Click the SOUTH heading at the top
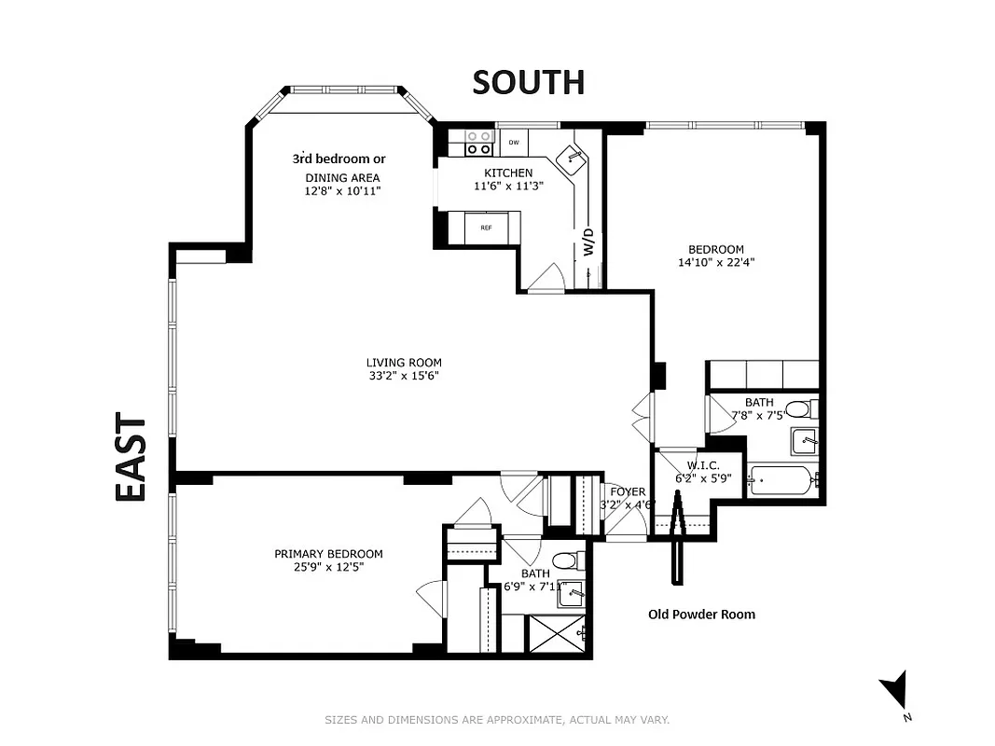(x=528, y=82)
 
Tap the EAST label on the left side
(x=131, y=459)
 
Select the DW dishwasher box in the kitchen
(x=513, y=143)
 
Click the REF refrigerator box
(x=485, y=228)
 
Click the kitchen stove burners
(x=479, y=142)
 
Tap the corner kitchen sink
(x=571, y=158)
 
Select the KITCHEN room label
(x=508, y=173)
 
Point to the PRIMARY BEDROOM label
(x=328, y=553)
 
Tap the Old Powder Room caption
(x=701, y=614)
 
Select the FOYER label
(x=628, y=491)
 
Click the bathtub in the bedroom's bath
(x=782, y=480)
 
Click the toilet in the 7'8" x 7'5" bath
(x=799, y=408)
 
